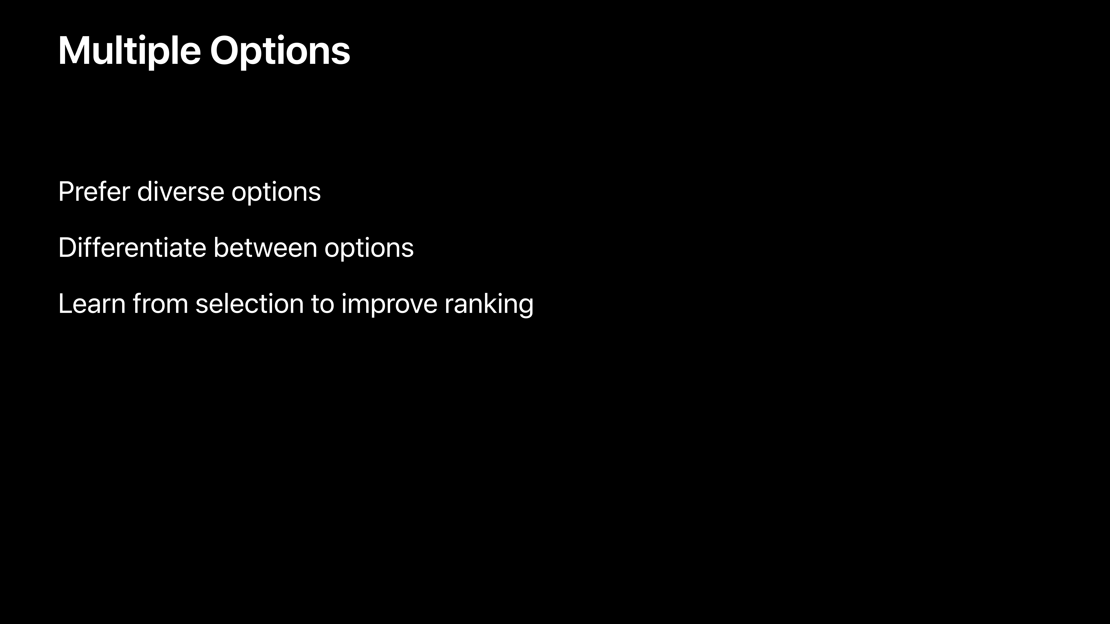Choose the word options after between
369,249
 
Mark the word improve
389,305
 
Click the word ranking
489,305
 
